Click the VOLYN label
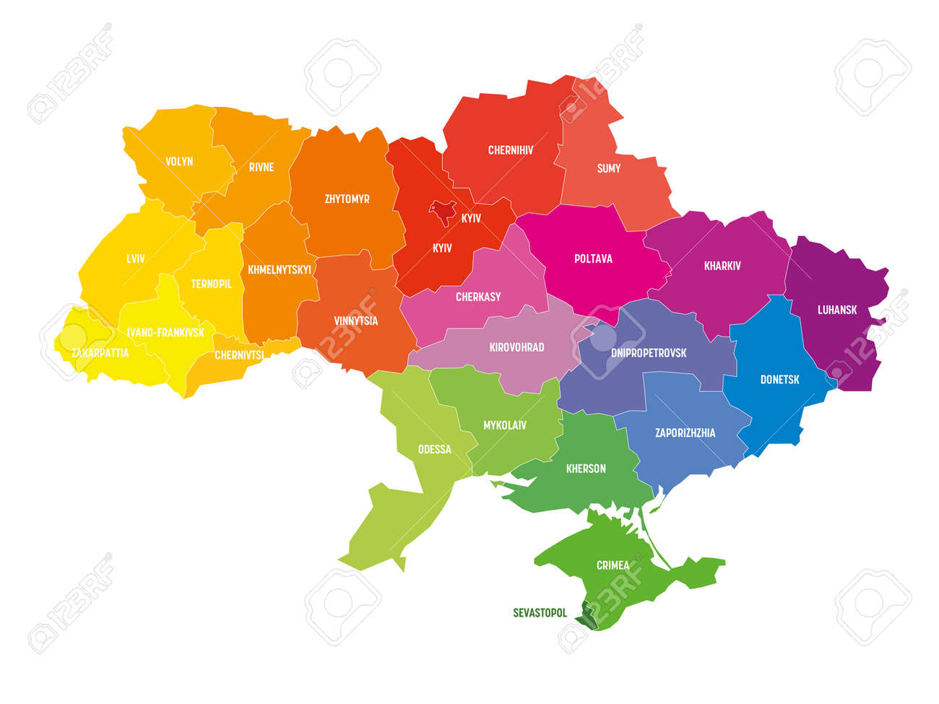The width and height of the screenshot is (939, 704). pos(179,162)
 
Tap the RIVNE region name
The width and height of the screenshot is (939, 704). pos(261,167)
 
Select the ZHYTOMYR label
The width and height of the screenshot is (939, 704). pos(347,199)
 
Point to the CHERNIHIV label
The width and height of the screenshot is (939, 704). pos(511,150)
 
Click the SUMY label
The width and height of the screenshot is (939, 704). pos(609,168)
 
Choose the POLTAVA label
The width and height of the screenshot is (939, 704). pos(593,258)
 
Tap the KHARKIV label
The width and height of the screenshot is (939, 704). pos(722,266)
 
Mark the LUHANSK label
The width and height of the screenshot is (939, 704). pos(837,310)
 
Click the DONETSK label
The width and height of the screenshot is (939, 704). pos(779,379)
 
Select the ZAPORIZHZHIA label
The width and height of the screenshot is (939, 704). pos(685,433)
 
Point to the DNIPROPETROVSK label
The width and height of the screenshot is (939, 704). pos(649,353)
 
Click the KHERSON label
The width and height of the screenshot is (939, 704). pos(586,469)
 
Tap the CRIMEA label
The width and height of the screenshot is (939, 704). pos(613,565)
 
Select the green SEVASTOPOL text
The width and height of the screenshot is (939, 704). pos(540,613)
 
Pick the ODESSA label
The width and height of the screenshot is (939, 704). pos(434,449)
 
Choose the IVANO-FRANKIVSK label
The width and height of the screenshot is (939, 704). pos(165,333)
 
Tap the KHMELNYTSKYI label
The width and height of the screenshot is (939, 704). pos(280,269)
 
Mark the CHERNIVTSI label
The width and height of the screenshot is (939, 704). pos(239,355)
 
